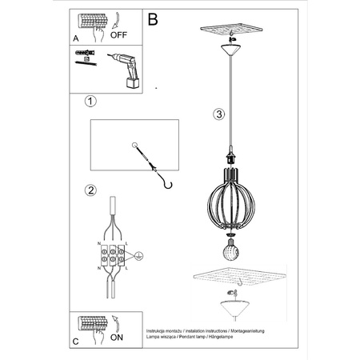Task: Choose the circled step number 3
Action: coord(219,114)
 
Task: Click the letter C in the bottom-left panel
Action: coord(75,341)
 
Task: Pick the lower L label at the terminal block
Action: coord(126,272)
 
